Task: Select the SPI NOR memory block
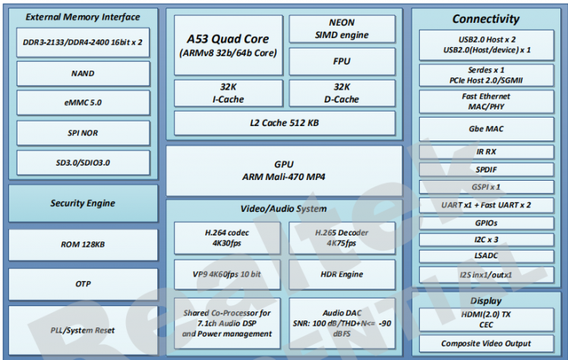[x=83, y=133]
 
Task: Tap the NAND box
[x=83, y=74]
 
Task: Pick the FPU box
[x=341, y=60]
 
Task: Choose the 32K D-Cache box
[x=341, y=93]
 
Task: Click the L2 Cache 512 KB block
[x=284, y=122]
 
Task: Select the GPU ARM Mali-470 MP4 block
[x=284, y=170]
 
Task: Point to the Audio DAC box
[x=342, y=317]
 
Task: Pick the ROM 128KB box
[x=83, y=245]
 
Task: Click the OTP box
[x=83, y=283]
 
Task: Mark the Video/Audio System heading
[x=284, y=209]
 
